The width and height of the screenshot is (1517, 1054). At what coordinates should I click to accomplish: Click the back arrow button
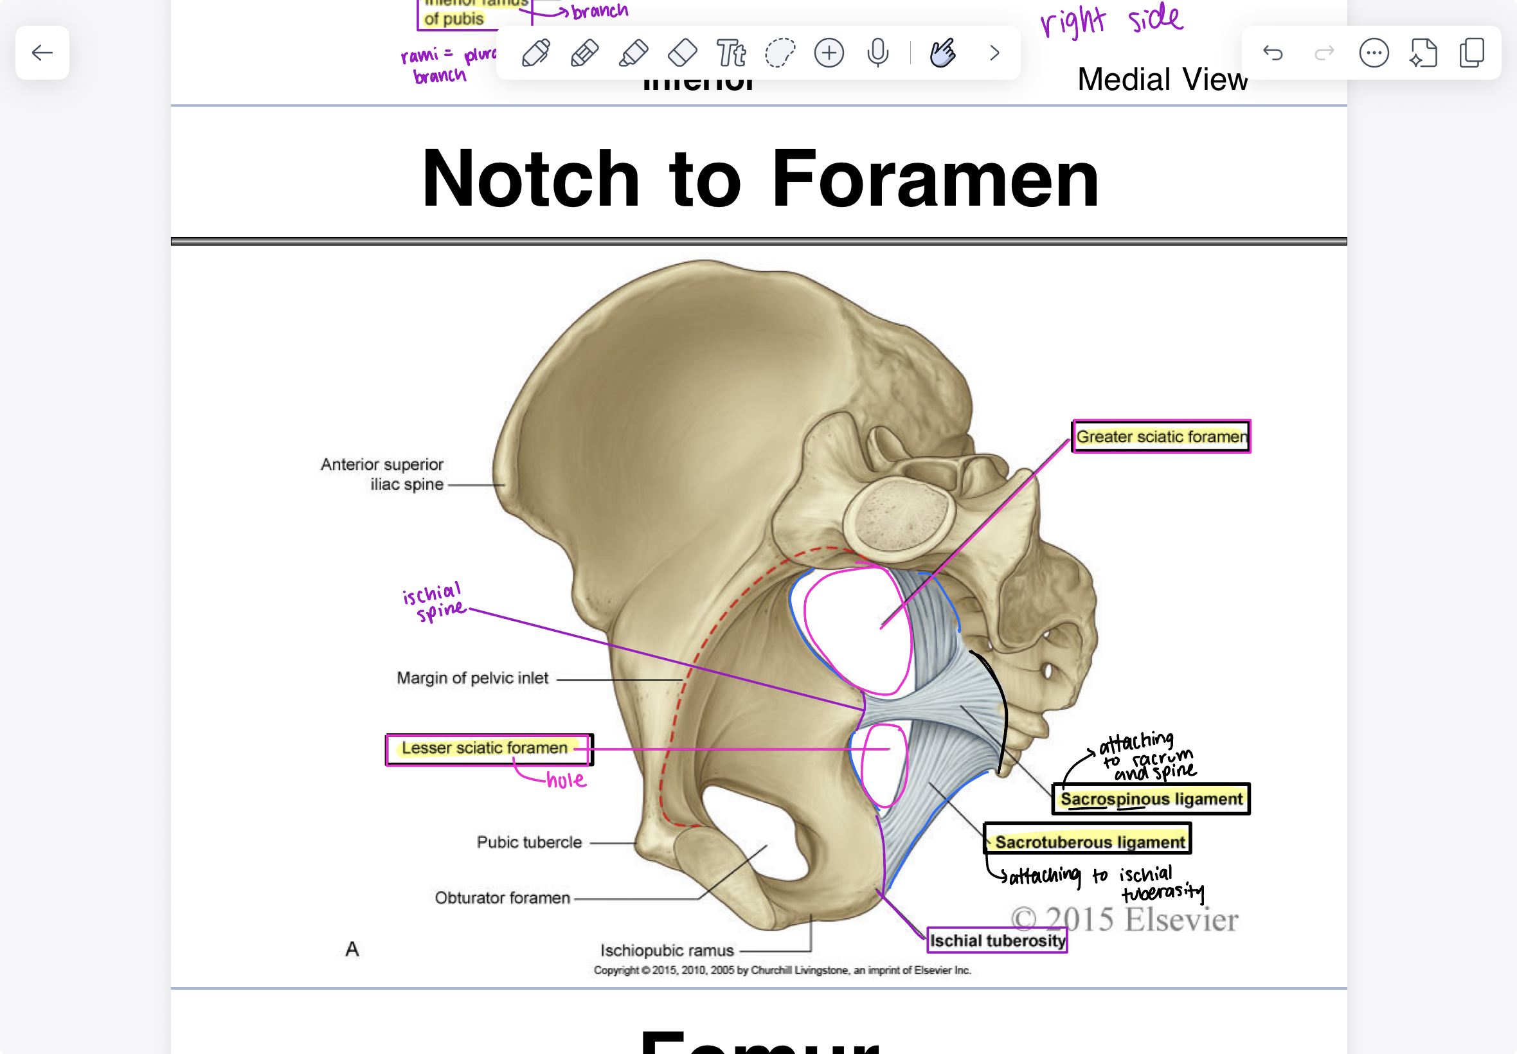[x=42, y=53]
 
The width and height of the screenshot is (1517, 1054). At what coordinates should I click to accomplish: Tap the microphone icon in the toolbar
[x=877, y=53]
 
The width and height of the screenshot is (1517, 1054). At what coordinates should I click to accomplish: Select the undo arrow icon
[x=1273, y=53]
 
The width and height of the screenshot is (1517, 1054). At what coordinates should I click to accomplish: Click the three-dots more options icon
[x=1374, y=53]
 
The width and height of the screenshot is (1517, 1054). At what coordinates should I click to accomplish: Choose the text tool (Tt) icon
[x=731, y=53]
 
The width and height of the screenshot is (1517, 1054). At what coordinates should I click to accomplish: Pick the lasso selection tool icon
[x=780, y=53]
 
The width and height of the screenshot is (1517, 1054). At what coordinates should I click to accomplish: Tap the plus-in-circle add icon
[x=829, y=53]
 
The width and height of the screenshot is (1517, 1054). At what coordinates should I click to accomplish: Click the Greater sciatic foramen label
[x=1161, y=436]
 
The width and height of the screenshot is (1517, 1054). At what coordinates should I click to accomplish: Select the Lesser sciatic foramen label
[x=485, y=748]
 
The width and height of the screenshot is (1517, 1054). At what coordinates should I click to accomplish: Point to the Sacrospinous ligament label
[x=1151, y=799]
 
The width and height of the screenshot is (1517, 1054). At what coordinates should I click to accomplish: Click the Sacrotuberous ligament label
[x=1090, y=842]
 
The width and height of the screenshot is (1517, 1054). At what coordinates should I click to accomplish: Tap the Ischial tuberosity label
[x=997, y=940]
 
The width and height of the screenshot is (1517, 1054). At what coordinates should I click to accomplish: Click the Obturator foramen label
[x=502, y=898]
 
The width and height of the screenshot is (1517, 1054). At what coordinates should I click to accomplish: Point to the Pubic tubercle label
[x=529, y=843]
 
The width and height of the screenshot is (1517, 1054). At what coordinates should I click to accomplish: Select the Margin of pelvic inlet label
[x=472, y=678]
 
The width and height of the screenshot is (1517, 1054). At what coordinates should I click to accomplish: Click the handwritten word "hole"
[x=566, y=781]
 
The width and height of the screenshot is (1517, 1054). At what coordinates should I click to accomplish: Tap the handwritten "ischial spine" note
[x=434, y=602]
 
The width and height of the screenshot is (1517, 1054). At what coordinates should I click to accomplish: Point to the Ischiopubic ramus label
[x=667, y=951]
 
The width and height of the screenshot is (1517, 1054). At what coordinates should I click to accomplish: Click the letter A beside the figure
[x=352, y=949]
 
